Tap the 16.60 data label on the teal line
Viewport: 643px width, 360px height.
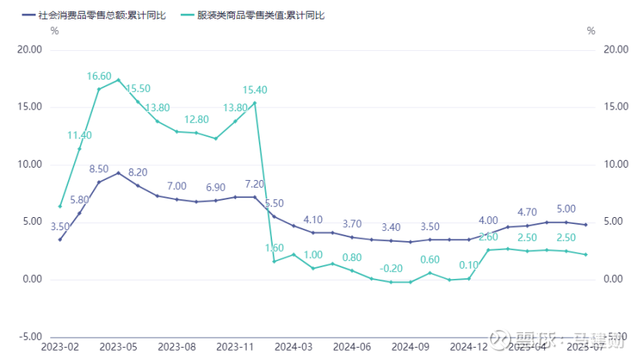[x=100, y=76]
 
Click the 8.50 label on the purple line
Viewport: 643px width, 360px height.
[x=100, y=169]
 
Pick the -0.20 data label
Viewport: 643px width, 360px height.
[x=391, y=268]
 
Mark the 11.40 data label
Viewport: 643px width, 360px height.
[x=80, y=135]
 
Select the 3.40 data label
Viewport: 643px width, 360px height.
[x=391, y=227]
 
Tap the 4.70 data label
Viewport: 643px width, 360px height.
[x=527, y=212]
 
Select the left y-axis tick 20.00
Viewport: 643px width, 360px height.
[x=30, y=49]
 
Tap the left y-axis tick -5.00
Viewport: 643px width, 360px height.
[x=30, y=337]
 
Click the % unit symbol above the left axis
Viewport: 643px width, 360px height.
[x=54, y=31]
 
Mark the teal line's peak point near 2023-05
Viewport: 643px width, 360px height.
[x=118, y=80]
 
